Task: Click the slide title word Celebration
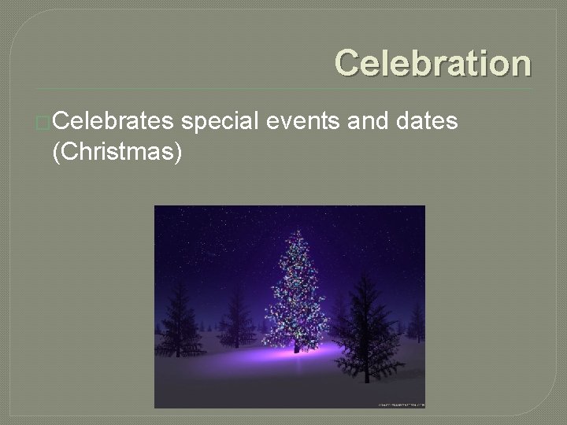click(432, 63)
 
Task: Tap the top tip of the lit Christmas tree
click(298, 229)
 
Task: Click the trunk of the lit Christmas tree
click(296, 346)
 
